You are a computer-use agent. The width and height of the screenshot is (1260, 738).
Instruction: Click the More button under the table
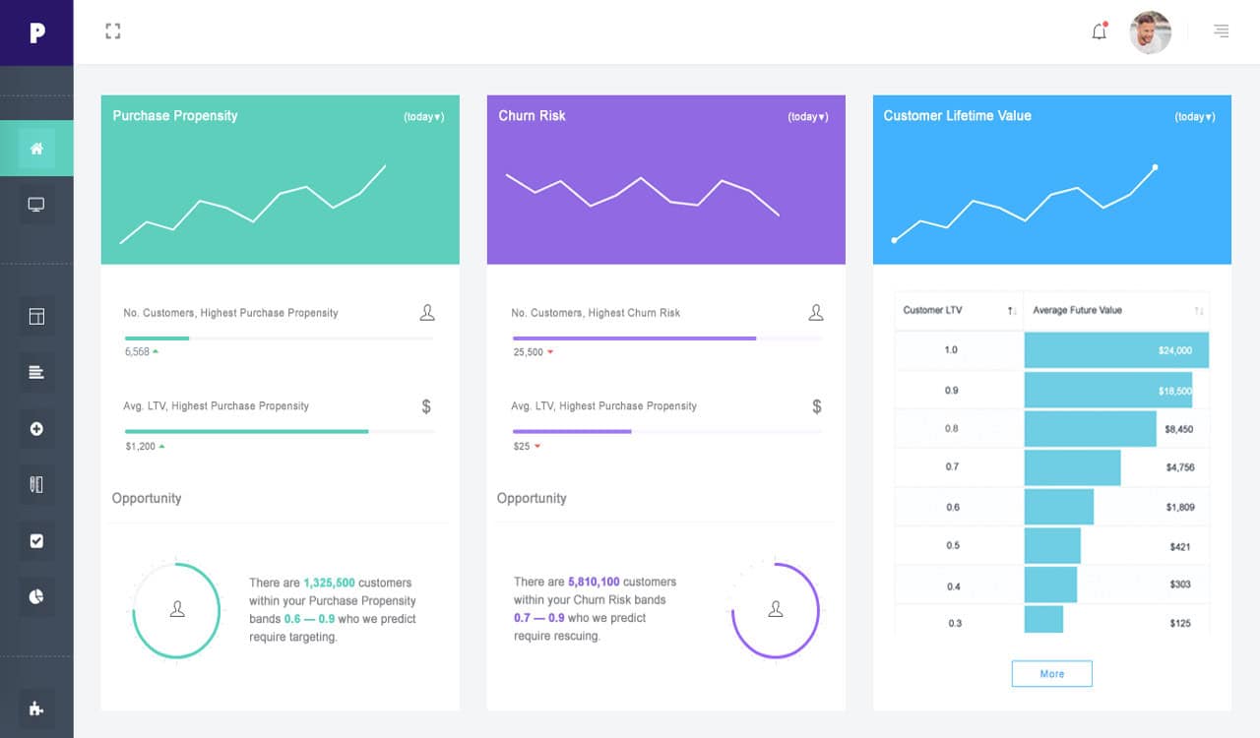(x=1051, y=674)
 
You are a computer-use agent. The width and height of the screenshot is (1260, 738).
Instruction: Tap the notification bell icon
(x=1100, y=31)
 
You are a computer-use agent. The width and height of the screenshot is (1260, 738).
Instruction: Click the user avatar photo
(x=1150, y=32)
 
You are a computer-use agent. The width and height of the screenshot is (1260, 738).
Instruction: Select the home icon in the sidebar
(x=36, y=149)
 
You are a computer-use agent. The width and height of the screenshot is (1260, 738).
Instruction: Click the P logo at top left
(x=36, y=32)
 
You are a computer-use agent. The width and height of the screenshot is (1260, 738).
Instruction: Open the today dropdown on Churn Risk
(x=807, y=117)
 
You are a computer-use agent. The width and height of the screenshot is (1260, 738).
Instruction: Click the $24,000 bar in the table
(x=1115, y=350)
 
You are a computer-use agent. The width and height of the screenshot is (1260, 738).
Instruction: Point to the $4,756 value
(x=1179, y=467)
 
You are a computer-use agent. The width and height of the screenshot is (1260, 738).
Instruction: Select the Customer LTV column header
(x=933, y=311)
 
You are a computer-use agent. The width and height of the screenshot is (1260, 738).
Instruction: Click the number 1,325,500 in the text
(x=329, y=583)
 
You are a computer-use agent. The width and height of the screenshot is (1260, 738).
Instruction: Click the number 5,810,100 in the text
(x=594, y=582)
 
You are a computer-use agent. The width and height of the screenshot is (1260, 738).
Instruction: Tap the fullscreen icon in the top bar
(x=113, y=31)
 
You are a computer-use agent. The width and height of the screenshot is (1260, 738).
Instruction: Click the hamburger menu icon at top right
(x=1221, y=31)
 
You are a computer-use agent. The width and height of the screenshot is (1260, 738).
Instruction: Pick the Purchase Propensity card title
(x=175, y=116)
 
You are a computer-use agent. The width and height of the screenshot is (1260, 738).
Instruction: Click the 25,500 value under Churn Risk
(x=528, y=352)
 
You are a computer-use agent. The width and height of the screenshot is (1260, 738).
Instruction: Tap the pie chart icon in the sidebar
(x=36, y=596)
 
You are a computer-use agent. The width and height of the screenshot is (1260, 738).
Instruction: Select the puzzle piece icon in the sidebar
(x=36, y=708)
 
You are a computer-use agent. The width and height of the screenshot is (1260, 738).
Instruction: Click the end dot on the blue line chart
(x=1155, y=167)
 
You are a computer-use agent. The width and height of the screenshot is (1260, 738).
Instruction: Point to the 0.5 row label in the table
(x=953, y=546)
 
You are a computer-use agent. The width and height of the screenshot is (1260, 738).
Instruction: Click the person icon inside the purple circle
(x=776, y=609)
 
